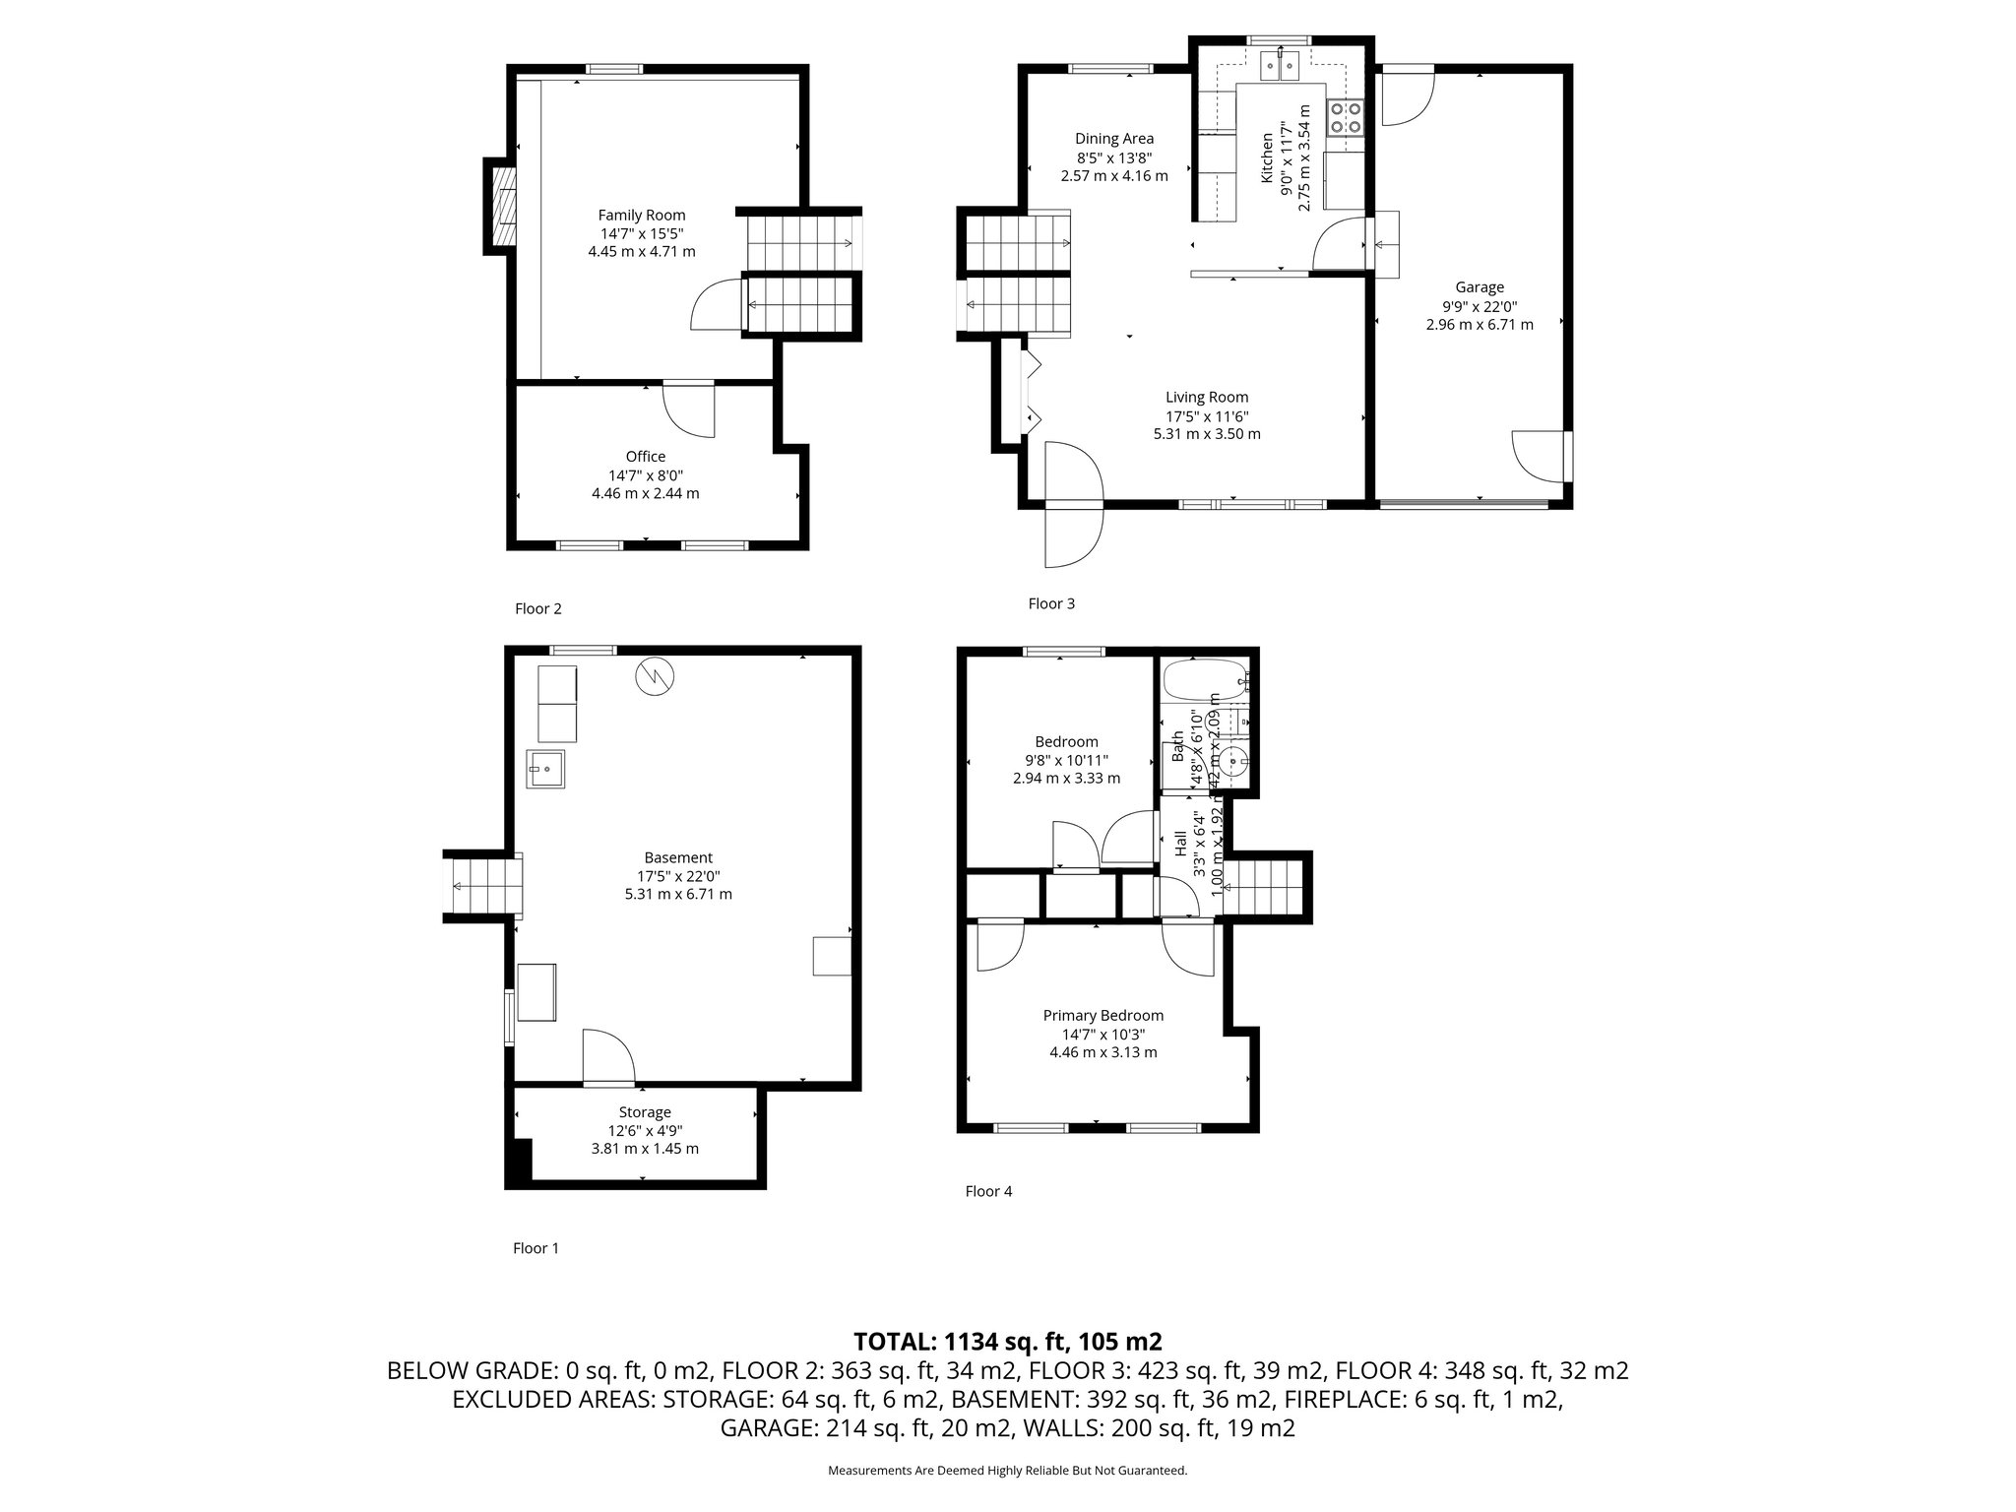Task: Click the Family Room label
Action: [642, 216]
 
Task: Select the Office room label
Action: [645, 457]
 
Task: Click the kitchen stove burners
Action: [1345, 117]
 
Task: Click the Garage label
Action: [1479, 287]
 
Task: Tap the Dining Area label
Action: [1113, 139]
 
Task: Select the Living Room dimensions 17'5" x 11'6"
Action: [1207, 416]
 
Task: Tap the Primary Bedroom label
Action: [1102, 1016]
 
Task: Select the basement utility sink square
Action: [545, 768]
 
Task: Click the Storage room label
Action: [645, 1112]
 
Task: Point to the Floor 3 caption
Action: [1050, 603]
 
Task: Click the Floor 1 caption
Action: [535, 1248]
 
